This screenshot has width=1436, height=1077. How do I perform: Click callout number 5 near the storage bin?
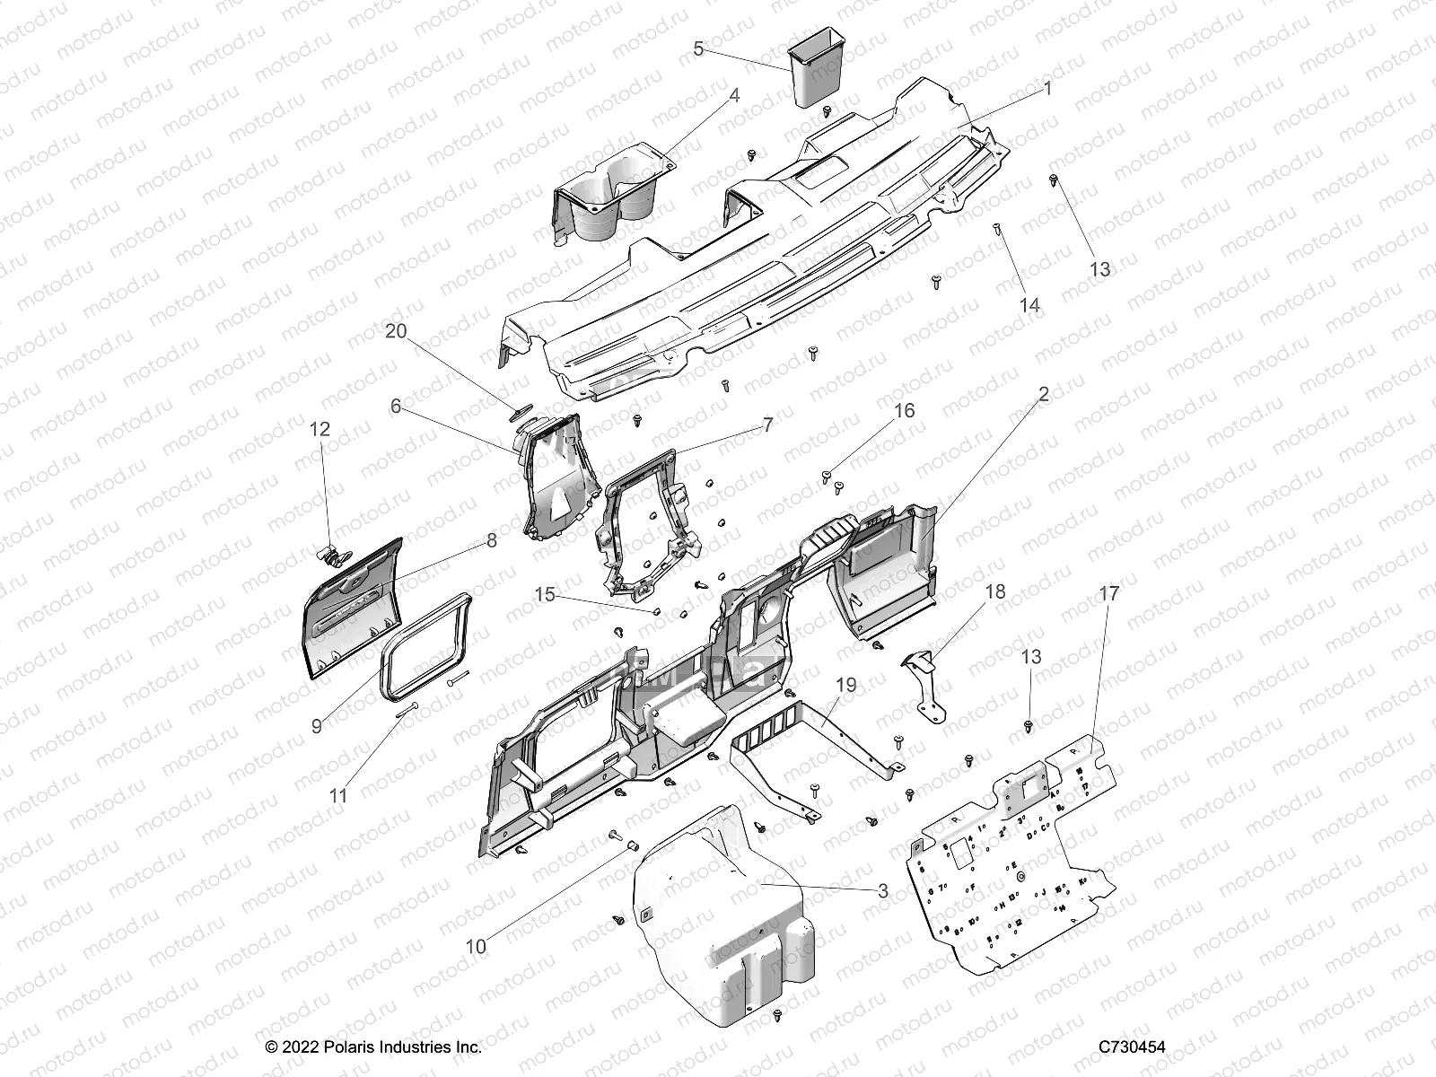(698, 48)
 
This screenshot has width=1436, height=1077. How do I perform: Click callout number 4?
(734, 95)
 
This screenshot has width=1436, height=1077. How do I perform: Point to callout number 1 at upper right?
(1046, 89)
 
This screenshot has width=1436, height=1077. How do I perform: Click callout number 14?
(1029, 305)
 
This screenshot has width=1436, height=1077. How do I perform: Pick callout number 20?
(396, 331)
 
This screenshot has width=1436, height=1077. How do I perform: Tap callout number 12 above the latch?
(320, 429)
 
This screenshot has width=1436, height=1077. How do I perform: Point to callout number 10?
(476, 946)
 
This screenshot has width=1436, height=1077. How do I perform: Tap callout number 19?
(845, 686)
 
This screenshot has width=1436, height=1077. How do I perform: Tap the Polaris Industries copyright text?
(374, 1046)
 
